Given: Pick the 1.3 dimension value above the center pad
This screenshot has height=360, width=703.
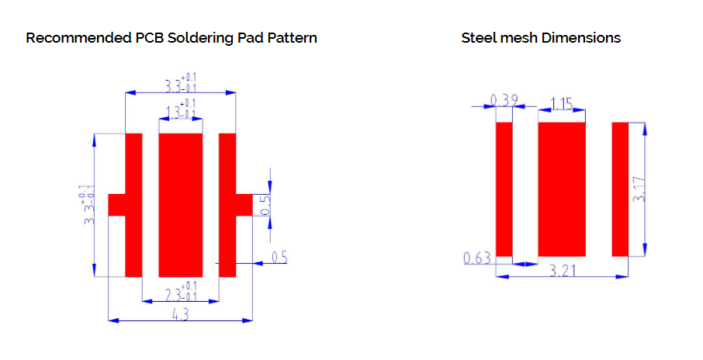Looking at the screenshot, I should (181, 110).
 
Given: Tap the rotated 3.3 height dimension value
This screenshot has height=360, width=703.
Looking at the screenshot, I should (88, 205).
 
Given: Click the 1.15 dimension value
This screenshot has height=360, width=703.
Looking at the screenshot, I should (562, 102).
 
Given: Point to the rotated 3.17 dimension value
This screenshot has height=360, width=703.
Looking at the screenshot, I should (639, 189).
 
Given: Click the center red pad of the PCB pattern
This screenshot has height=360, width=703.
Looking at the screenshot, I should (181, 205).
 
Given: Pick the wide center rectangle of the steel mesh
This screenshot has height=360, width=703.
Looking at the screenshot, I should (561, 189).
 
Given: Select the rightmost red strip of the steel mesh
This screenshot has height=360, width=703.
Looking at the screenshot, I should (619, 189).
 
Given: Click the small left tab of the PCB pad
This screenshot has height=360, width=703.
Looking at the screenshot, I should (116, 205).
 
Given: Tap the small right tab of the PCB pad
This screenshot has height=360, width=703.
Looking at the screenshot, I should (244, 205).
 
